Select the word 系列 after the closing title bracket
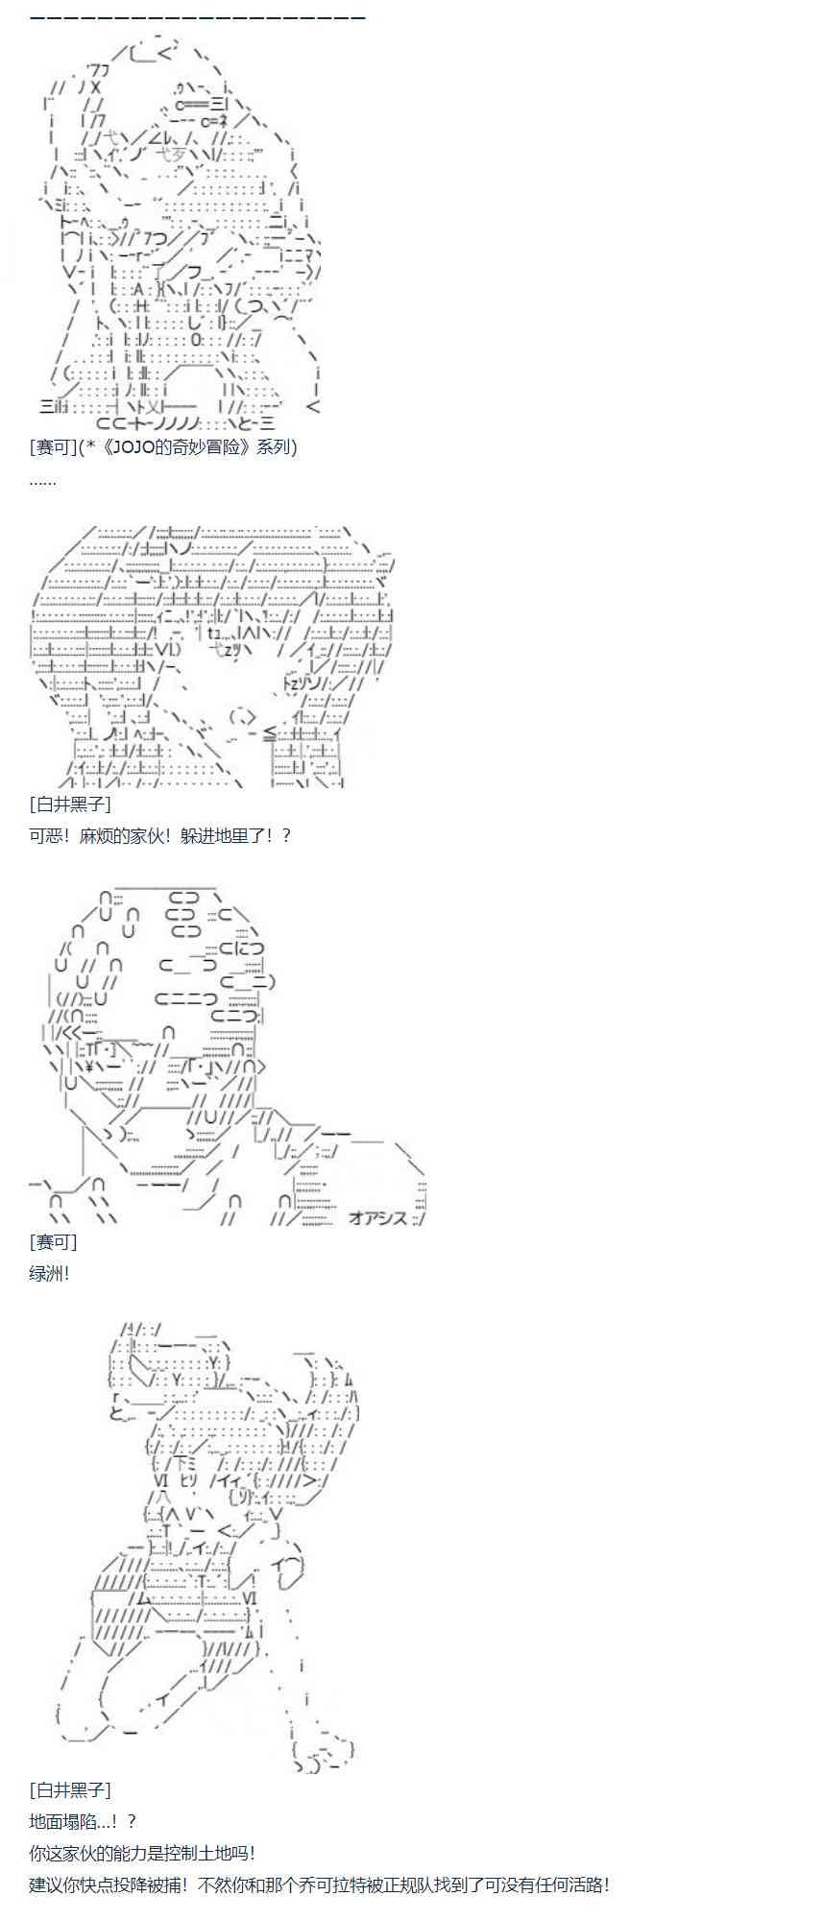pyautogui.click(x=278, y=447)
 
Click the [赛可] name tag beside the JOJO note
pyautogui.click(x=54, y=447)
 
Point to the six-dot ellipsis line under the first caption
pyautogui.click(x=42, y=480)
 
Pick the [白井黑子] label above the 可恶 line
pyautogui.click(x=70, y=804)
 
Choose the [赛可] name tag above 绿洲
pyautogui.click(x=54, y=1242)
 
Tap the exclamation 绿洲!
pyautogui.click(x=49, y=1274)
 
